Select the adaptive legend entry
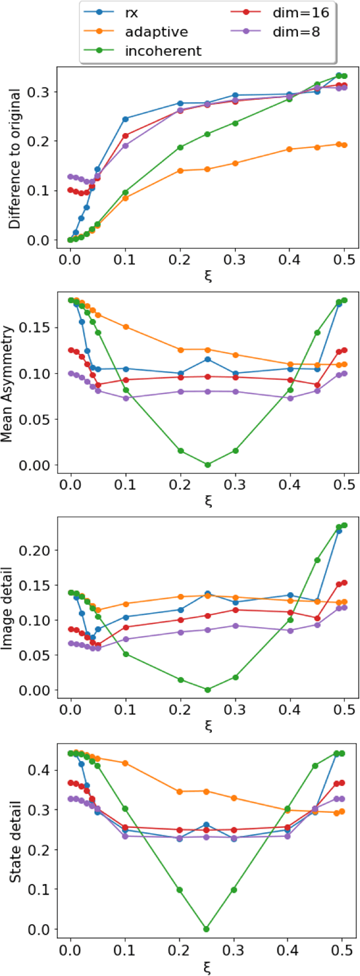(x=156, y=31)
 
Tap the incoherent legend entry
(x=163, y=51)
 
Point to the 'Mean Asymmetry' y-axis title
(x=14, y=385)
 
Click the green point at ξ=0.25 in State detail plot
(x=206, y=929)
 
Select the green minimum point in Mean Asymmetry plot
(x=208, y=465)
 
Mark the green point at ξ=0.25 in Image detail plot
(x=208, y=690)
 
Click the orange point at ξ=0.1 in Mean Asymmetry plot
(x=126, y=327)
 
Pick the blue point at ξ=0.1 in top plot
(x=125, y=119)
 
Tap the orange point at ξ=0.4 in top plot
(x=289, y=149)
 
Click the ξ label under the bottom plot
(x=208, y=968)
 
